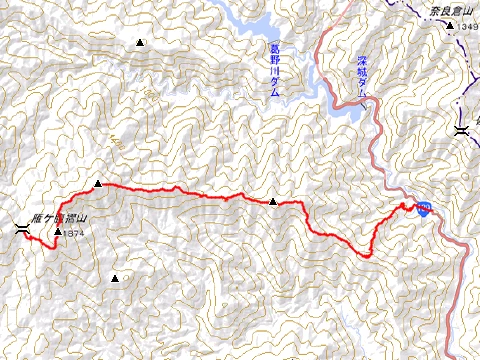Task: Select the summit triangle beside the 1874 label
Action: click(x=59, y=233)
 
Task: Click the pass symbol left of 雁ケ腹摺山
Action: click(x=22, y=231)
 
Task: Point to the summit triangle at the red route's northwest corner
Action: click(x=98, y=184)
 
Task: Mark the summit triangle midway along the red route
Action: click(x=273, y=202)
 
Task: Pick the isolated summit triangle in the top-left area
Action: click(x=139, y=43)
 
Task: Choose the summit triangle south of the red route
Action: click(x=116, y=278)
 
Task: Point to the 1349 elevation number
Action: click(x=469, y=27)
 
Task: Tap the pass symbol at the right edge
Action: click(x=461, y=131)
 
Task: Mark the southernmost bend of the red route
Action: click(x=367, y=257)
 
